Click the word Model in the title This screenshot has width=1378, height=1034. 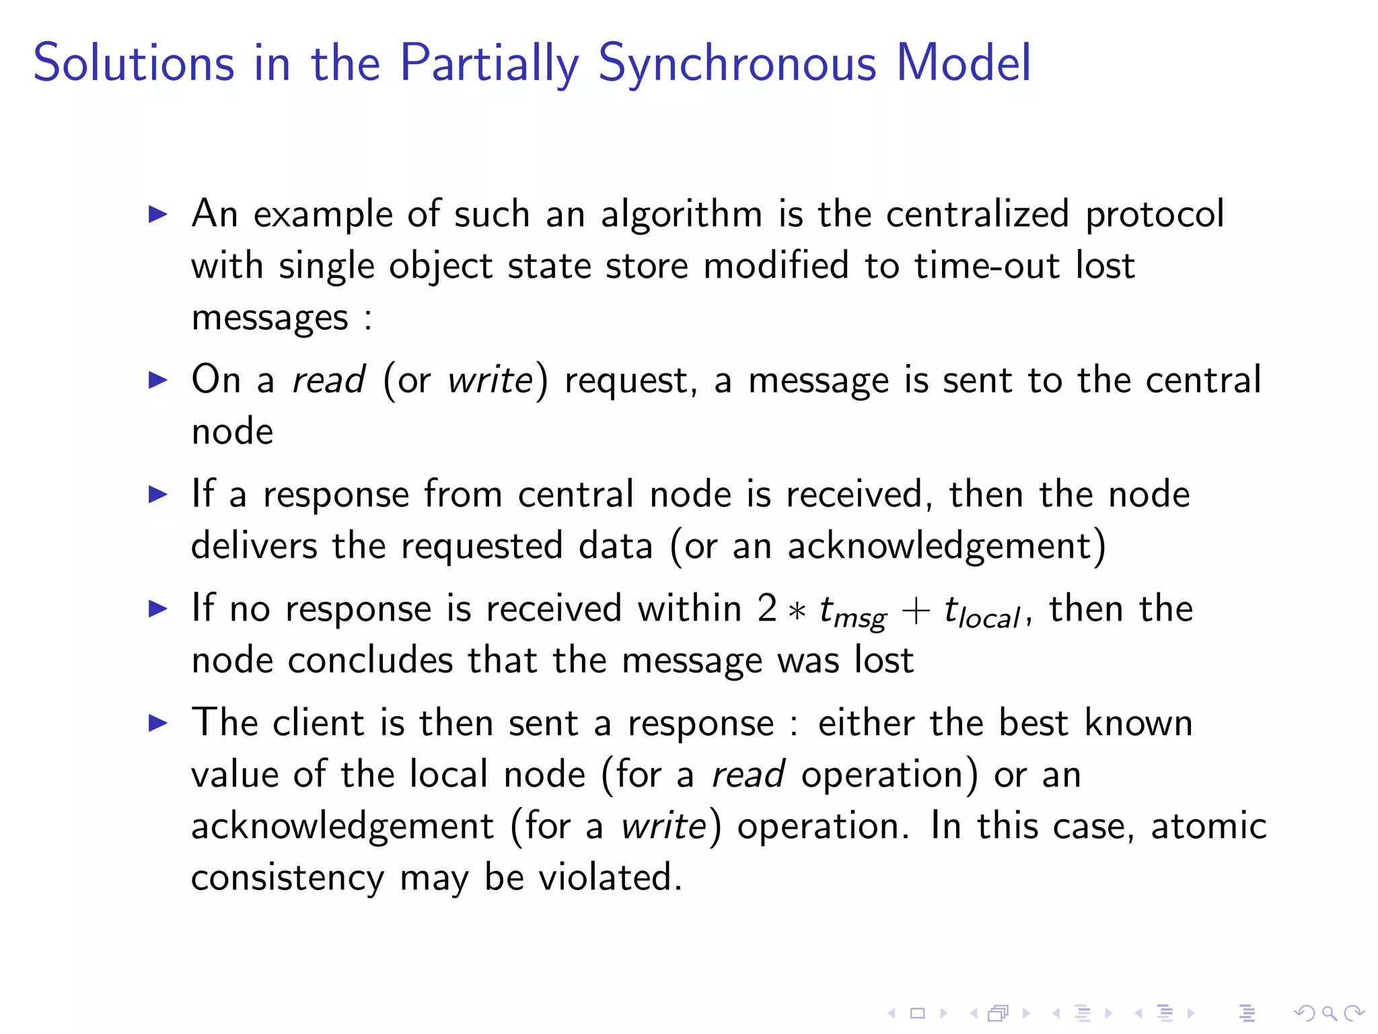click(964, 63)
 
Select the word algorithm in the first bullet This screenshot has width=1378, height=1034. click(682, 215)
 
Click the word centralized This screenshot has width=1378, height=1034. click(977, 214)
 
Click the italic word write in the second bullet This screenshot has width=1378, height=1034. click(491, 380)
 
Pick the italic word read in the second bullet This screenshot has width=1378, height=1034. click(328, 380)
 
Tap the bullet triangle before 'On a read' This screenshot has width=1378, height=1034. click(158, 380)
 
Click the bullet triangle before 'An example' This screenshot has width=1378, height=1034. click(158, 215)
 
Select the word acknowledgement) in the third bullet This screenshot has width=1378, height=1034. click(947, 546)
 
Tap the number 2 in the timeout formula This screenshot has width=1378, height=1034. click(767, 609)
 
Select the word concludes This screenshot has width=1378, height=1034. click(370, 660)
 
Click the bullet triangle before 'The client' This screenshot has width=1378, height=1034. click(158, 724)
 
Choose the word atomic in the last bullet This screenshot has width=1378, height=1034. click(1208, 827)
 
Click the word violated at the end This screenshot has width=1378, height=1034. click(610, 878)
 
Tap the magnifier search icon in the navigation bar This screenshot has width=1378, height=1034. click(1329, 1013)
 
